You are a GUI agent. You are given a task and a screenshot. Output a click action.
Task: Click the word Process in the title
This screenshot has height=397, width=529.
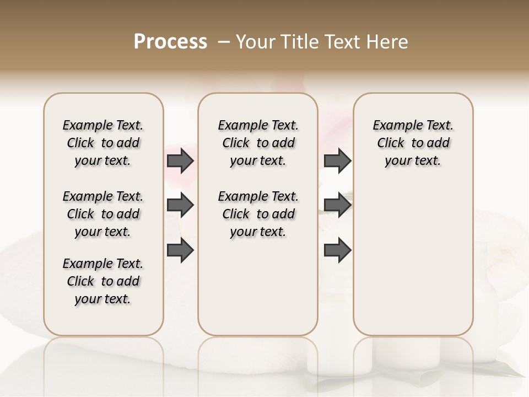(x=170, y=42)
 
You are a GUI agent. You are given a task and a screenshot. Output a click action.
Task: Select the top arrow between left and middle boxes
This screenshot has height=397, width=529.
(x=180, y=160)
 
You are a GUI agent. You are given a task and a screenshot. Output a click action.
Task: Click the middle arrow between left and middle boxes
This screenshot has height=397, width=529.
(x=180, y=205)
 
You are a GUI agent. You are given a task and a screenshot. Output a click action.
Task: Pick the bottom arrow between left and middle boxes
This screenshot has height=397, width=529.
(x=180, y=250)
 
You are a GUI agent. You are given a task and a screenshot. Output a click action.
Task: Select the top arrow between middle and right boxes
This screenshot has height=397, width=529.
(x=337, y=160)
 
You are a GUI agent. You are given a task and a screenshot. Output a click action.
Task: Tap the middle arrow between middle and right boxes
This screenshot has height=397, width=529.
(x=337, y=205)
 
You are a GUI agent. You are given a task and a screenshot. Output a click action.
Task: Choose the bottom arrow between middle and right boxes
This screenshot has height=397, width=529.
(x=337, y=250)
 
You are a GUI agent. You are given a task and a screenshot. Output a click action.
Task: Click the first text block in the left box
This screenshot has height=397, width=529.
(x=103, y=143)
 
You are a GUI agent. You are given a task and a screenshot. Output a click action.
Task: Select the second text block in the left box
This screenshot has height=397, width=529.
(x=103, y=214)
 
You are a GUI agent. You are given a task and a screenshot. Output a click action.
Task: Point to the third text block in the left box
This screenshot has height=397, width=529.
(x=103, y=281)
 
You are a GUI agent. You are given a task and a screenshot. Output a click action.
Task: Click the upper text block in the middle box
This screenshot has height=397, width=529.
(x=258, y=143)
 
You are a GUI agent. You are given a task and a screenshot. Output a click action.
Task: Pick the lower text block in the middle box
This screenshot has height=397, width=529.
(x=258, y=214)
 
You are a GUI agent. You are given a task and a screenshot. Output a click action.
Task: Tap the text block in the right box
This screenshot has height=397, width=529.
(x=413, y=143)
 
